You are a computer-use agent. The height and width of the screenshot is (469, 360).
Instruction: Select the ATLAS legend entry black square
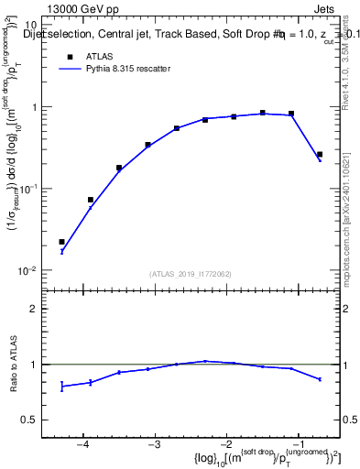click(68, 57)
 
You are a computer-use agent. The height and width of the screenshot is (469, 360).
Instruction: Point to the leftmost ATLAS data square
click(61, 242)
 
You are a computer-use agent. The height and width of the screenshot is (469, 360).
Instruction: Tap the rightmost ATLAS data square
click(319, 155)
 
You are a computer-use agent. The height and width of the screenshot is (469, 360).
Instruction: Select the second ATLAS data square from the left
click(91, 200)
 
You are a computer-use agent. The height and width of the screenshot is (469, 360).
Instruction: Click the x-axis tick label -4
click(82, 444)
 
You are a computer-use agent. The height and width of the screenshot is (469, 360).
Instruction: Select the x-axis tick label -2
click(225, 444)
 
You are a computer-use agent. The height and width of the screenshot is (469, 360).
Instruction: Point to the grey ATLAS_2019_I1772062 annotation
click(191, 274)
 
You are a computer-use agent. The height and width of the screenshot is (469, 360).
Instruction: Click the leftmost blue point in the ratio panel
click(61, 387)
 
